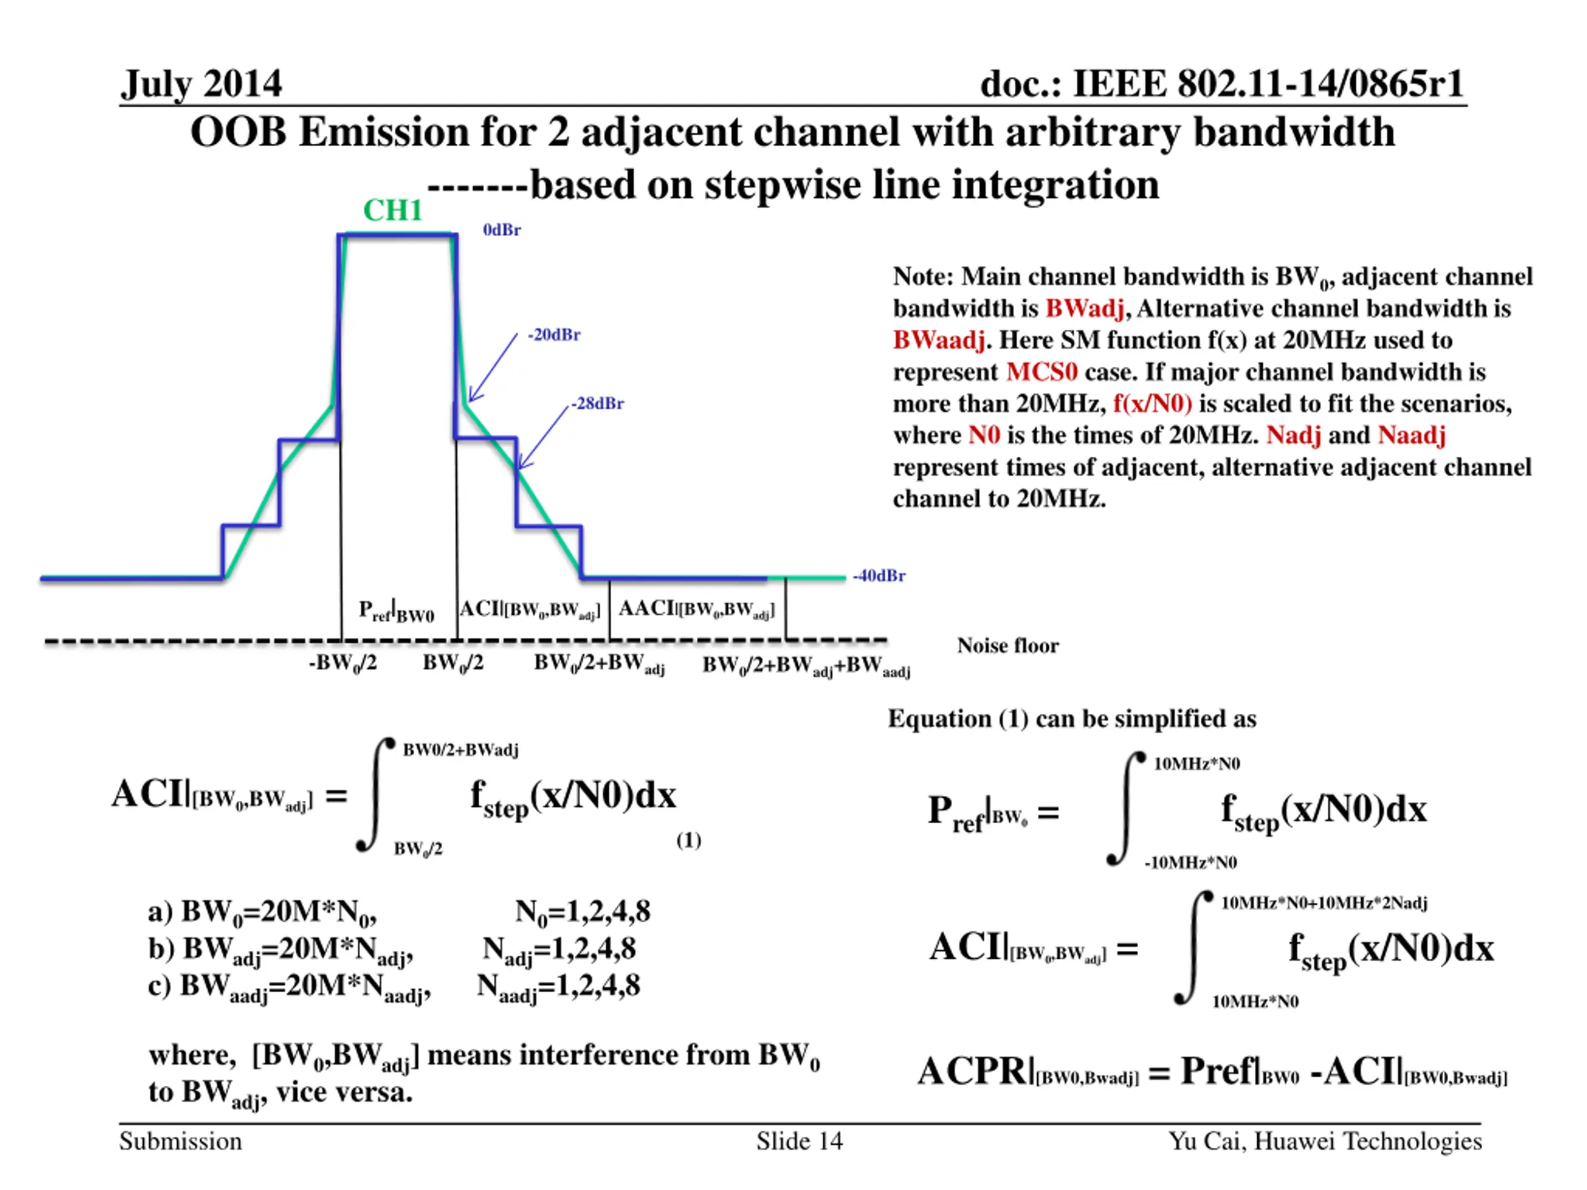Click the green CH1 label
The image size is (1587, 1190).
click(392, 211)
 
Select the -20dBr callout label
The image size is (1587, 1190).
click(554, 335)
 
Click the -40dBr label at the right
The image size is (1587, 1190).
click(879, 576)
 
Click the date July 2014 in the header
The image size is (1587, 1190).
click(201, 84)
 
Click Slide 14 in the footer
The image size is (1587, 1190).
click(799, 1141)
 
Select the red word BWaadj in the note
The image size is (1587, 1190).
click(939, 340)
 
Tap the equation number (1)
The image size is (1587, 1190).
click(689, 840)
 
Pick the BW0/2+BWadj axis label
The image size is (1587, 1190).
click(599, 665)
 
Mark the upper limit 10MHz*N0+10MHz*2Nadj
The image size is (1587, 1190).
click(1324, 903)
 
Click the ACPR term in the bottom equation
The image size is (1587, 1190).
click(973, 1072)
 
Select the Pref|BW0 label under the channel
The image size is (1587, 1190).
click(397, 612)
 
